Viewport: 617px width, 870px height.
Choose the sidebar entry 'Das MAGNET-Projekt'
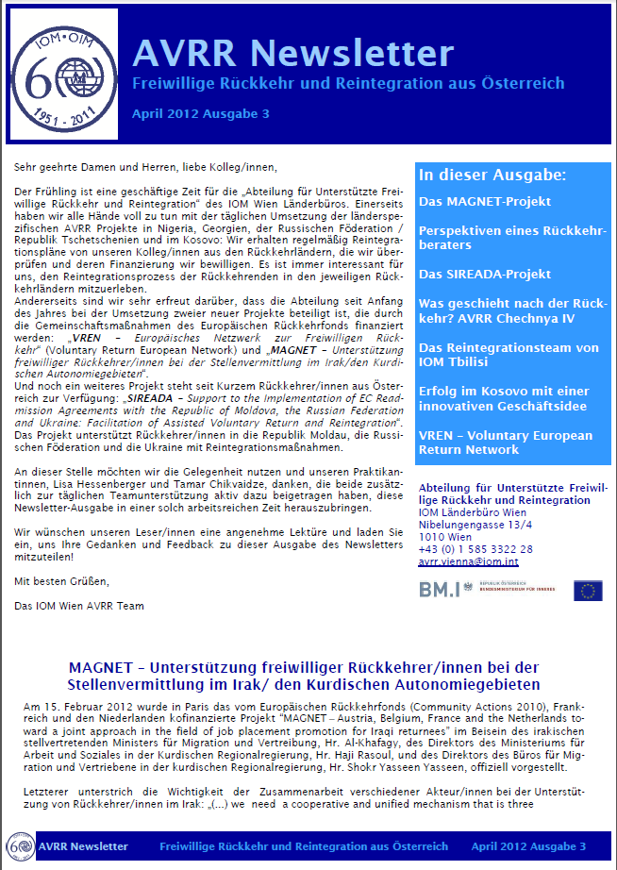pyautogui.click(x=485, y=201)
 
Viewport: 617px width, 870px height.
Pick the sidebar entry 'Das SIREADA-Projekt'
pyautogui.click(x=485, y=274)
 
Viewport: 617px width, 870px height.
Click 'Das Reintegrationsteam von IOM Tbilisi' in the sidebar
pyautogui.click(x=509, y=355)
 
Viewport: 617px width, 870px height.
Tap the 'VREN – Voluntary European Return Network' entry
pyautogui.click(x=506, y=443)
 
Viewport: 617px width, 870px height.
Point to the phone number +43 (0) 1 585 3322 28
pyautogui.click(x=475, y=548)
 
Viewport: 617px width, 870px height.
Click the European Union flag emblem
pyautogui.click(x=589, y=591)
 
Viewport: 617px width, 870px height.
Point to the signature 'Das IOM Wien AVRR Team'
pyautogui.click(x=79, y=605)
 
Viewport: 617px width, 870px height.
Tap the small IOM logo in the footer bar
pyautogui.click(x=20, y=846)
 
